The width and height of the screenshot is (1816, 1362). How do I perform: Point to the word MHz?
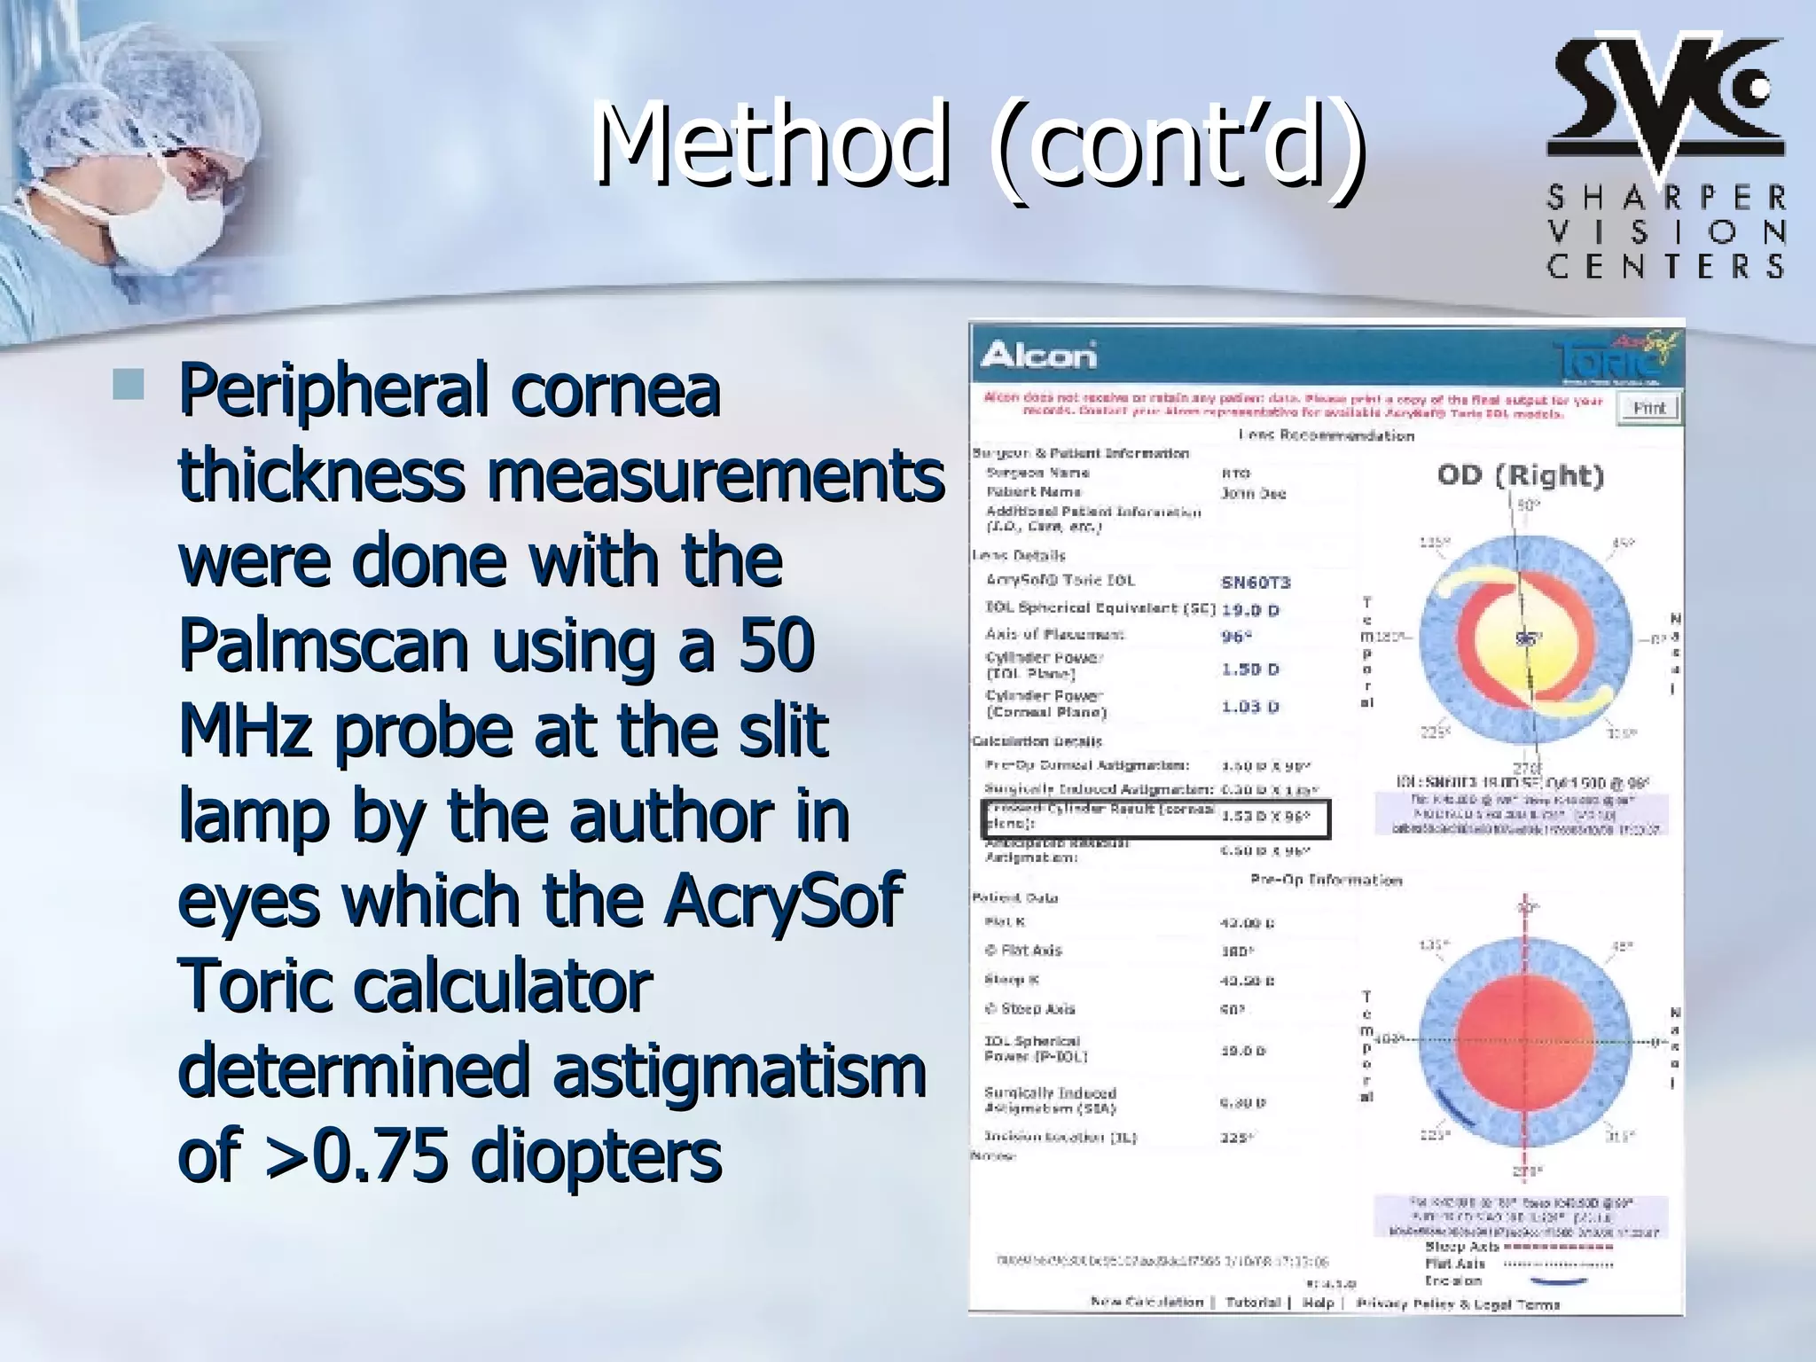click(x=245, y=731)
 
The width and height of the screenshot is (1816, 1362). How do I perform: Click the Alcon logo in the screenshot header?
click(x=1038, y=356)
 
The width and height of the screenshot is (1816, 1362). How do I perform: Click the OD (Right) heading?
click(x=1521, y=476)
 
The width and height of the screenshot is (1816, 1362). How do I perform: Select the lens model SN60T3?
click(x=1256, y=583)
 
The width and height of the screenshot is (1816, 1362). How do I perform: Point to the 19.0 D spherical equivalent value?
click(x=1250, y=610)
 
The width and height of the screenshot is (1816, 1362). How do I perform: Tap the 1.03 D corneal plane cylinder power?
click(x=1250, y=707)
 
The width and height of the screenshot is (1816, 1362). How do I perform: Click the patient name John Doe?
click(x=1253, y=493)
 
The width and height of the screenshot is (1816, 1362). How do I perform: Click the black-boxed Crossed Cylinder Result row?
click(x=1155, y=818)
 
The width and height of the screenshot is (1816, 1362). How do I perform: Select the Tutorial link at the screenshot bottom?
click(x=1252, y=1302)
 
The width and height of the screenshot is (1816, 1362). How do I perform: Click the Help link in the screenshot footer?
click(x=1318, y=1302)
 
